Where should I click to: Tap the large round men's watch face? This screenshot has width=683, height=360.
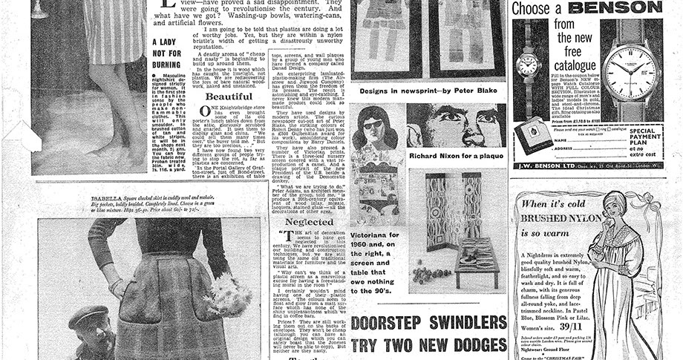click(x=628, y=73)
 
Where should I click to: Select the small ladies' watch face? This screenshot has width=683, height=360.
click(x=527, y=64)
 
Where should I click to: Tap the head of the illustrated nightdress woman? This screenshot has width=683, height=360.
click(x=618, y=211)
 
